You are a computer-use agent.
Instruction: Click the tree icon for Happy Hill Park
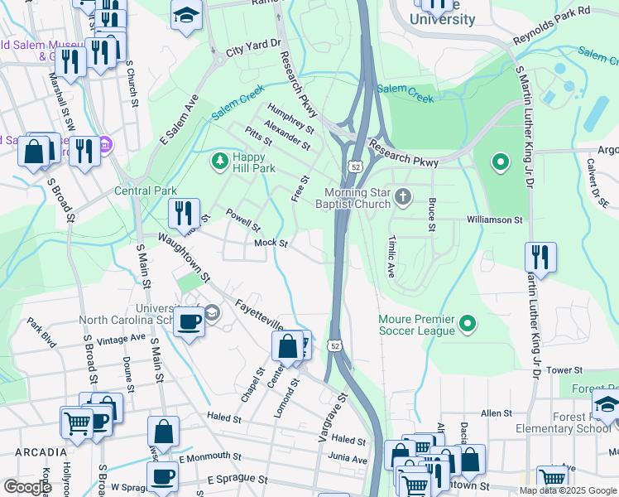tap(219, 160)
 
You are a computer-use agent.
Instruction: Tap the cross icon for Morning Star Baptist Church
tap(403, 196)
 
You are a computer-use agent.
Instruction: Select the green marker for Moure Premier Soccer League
tap(468, 323)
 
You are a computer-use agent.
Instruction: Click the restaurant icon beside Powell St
tap(184, 212)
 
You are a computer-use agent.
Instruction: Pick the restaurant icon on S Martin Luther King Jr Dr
tap(540, 256)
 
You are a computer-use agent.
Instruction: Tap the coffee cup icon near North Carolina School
tap(190, 321)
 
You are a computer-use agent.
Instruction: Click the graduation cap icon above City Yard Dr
tap(186, 14)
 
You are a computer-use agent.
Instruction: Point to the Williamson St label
tap(495, 220)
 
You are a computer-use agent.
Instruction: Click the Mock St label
tap(271, 244)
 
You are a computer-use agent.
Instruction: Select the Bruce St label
tap(431, 214)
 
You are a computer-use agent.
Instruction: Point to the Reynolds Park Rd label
tap(551, 25)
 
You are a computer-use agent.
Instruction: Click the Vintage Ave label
tap(121, 340)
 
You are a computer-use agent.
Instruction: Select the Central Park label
tap(145, 191)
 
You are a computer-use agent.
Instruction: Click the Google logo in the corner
tap(27, 487)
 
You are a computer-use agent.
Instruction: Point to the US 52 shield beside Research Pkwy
tap(354, 167)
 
